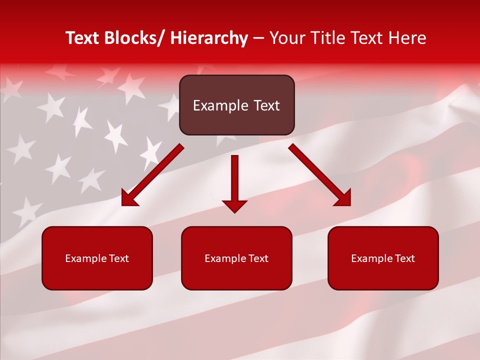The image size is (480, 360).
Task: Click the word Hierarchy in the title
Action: (209, 38)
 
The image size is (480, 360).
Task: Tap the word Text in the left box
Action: (119, 258)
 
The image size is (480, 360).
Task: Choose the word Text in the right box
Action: (405, 258)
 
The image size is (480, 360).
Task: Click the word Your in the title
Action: (284, 38)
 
